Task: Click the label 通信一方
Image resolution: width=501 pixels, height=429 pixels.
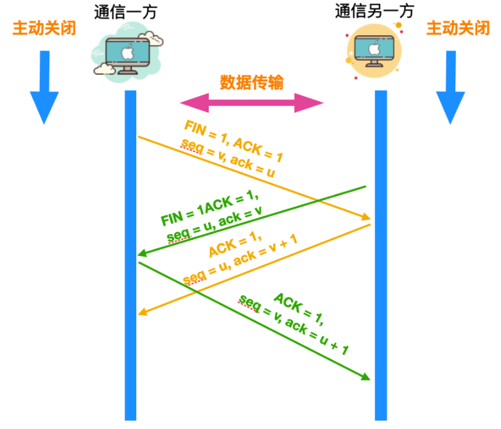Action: pos(125,12)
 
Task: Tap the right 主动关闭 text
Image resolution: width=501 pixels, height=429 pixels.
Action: pos(458,29)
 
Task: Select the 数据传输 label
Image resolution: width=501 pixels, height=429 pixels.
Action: pos(252,83)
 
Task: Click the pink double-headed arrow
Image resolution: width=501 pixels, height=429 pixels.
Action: pos(252,103)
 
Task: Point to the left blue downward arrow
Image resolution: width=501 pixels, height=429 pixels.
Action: pos(44,87)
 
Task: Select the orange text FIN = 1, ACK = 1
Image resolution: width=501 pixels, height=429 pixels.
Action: pos(233,140)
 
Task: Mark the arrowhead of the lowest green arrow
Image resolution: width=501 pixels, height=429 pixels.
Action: pos(366,377)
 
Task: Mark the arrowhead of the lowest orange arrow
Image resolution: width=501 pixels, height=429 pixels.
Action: pos(143,312)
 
